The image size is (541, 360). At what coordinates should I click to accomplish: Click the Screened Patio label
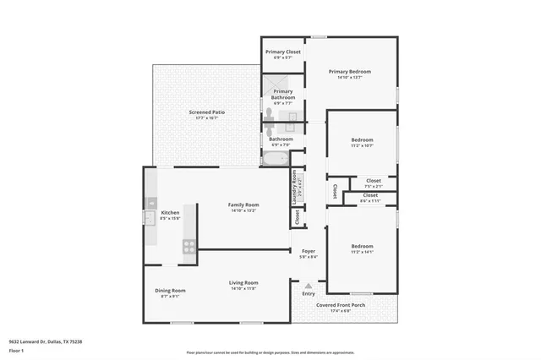[206, 112]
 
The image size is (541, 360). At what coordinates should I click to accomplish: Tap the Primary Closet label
[282, 52]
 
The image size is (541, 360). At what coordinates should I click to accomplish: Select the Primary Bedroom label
[350, 72]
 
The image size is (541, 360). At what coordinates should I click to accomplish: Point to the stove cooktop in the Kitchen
[189, 246]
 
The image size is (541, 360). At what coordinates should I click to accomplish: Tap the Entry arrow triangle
[309, 285]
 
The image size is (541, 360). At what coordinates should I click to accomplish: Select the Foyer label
[309, 251]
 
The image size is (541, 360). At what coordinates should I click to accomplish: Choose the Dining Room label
[170, 290]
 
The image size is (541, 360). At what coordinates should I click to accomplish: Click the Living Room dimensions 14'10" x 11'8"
[243, 288]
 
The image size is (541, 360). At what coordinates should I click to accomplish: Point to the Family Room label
[243, 205]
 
